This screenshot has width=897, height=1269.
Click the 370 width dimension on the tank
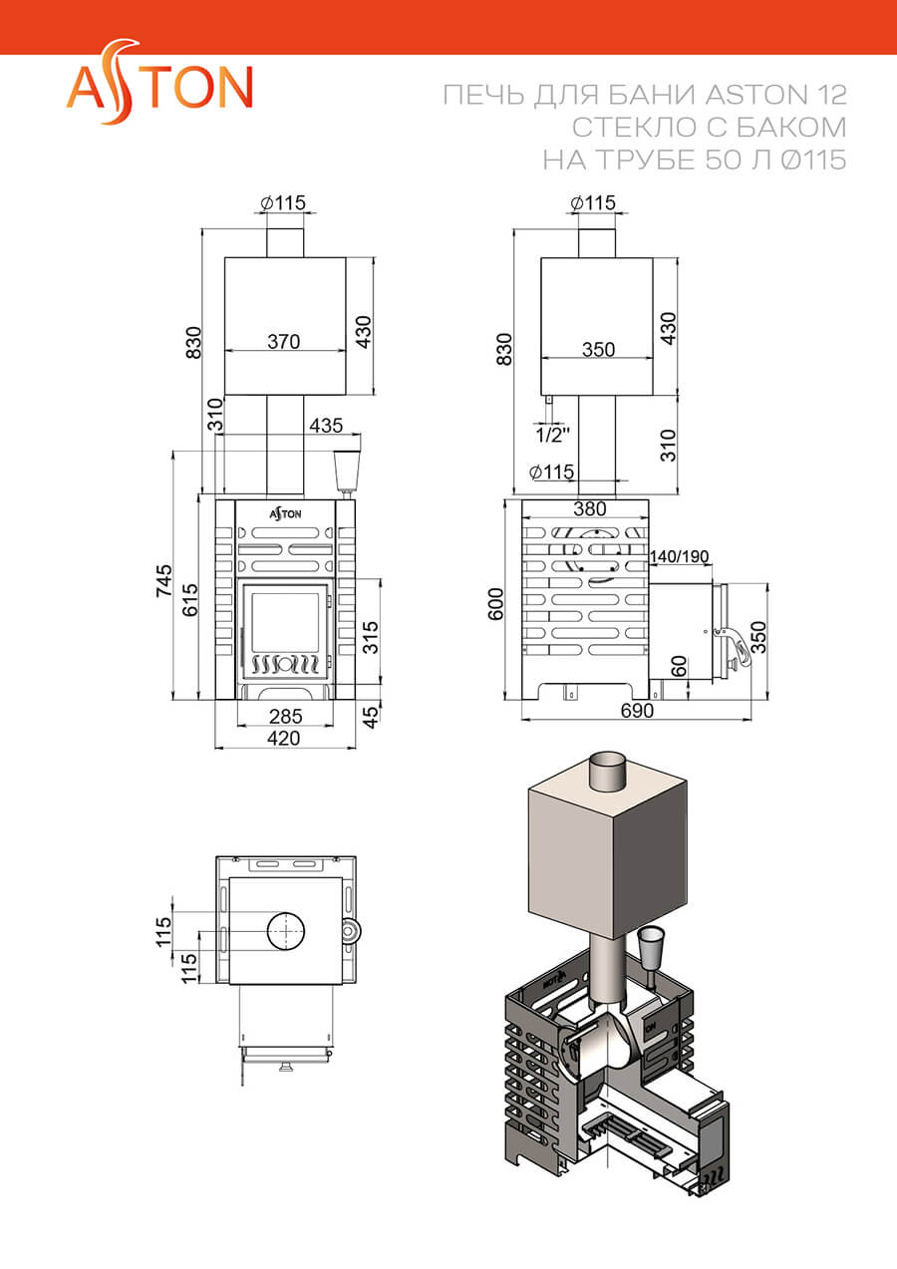click(x=284, y=342)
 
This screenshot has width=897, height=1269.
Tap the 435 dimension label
click(x=326, y=425)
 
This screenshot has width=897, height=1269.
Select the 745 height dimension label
click(x=163, y=579)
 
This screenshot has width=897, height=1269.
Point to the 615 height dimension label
click(x=190, y=599)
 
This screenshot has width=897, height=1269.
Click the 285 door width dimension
click(x=285, y=716)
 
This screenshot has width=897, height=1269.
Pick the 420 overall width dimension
click(x=284, y=738)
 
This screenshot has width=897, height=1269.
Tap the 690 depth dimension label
click(x=637, y=711)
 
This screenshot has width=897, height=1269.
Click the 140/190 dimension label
click(x=679, y=556)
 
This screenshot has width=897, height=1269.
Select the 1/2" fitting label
click(x=552, y=435)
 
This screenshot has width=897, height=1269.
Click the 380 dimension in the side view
click(x=589, y=508)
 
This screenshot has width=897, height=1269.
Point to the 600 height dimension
click(x=495, y=604)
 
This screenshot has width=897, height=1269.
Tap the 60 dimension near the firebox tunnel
click(x=679, y=666)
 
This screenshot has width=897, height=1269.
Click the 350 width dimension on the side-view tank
click(x=598, y=349)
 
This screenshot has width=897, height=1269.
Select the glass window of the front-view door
click(x=285, y=622)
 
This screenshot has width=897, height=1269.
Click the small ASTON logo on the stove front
click(x=285, y=513)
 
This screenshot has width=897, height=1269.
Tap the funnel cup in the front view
click(x=347, y=471)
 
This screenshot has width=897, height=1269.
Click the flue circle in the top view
click(x=286, y=931)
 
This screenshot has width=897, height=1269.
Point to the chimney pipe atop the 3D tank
click(x=608, y=772)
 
